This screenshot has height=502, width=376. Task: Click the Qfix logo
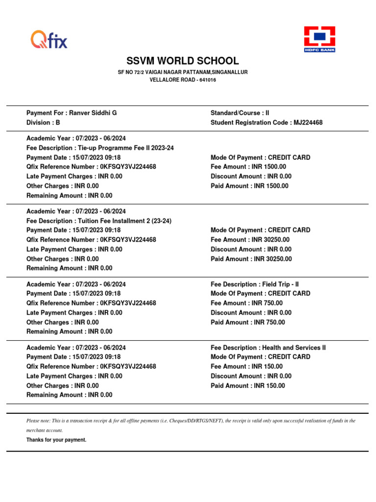coord(49,39)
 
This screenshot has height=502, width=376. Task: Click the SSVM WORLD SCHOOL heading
coord(183,61)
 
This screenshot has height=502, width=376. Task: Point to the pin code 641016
coord(208,80)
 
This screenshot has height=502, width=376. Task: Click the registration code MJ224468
coord(308,123)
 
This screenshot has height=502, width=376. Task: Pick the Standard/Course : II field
coord(240,113)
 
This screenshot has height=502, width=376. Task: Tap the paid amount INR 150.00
coord(269,386)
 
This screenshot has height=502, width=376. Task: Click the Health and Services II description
coord(294,348)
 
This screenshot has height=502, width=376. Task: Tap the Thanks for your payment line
coord(56,440)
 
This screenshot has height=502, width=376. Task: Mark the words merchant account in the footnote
coord(44,430)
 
